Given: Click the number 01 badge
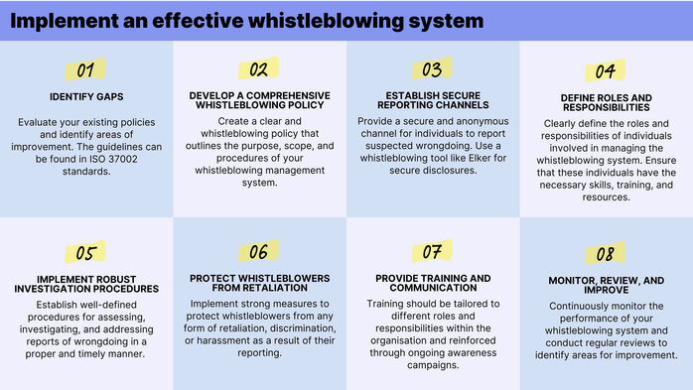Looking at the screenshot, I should (x=86, y=70).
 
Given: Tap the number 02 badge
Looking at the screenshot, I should (x=259, y=69).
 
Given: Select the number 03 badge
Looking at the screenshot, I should (x=432, y=69).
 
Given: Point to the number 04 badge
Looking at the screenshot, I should (x=605, y=71).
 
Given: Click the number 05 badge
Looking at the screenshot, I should (x=86, y=253).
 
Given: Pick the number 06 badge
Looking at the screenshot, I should (x=259, y=252).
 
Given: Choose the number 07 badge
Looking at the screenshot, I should (x=432, y=252).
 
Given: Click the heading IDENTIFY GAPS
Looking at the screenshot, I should (x=86, y=96).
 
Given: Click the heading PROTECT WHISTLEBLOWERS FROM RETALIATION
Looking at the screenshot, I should (x=259, y=283).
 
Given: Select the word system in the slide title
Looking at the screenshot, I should (x=446, y=20).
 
